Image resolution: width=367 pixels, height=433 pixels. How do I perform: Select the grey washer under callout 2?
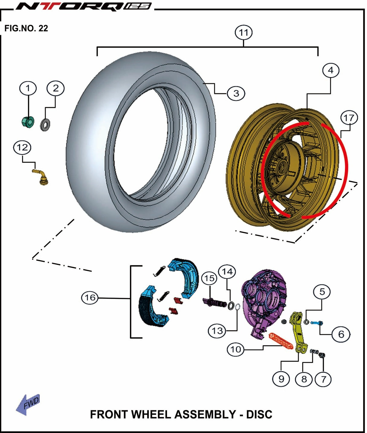pos(46,124)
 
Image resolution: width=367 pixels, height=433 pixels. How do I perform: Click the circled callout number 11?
pos(243,33)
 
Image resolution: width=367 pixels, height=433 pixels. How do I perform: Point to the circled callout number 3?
pos(236,93)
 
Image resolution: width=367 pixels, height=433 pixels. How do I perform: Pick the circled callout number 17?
pos(349,118)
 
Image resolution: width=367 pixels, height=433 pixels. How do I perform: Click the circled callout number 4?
pos(330,70)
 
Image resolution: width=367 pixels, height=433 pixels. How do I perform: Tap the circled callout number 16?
pos(90,298)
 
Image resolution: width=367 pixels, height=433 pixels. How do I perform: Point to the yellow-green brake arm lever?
pos(298,332)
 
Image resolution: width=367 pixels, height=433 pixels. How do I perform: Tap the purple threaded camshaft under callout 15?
pos(214,302)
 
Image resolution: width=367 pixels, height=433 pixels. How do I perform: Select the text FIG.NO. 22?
pos(26,28)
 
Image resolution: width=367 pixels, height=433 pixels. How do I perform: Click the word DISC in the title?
pos(259,414)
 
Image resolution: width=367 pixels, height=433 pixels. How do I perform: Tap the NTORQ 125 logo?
pos(83,6)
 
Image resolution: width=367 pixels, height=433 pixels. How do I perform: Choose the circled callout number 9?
pos(281,379)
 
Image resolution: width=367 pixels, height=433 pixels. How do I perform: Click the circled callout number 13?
pos(217,331)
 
